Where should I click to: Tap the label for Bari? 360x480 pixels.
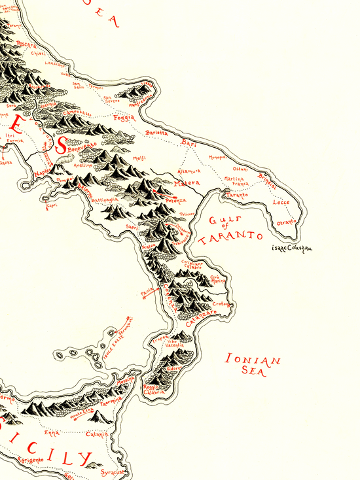pyautogui.click(x=189, y=142)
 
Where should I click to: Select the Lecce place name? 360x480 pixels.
pyautogui.click(x=280, y=203)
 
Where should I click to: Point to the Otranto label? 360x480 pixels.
pyautogui.click(x=286, y=222)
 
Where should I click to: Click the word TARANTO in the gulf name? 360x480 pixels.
pyautogui.click(x=231, y=237)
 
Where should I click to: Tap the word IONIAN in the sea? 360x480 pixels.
pyautogui.click(x=253, y=359)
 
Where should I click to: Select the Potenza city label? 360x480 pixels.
pyautogui.click(x=176, y=199)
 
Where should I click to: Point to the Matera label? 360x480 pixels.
pyautogui.click(x=189, y=184)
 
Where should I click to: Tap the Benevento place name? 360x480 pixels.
pyautogui.click(x=81, y=148)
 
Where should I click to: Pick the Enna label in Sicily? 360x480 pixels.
pyautogui.click(x=51, y=432)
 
